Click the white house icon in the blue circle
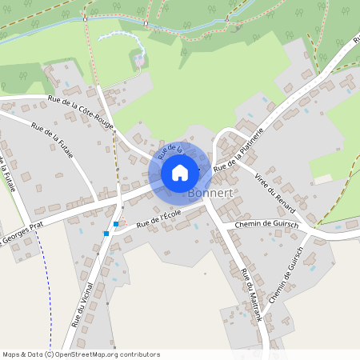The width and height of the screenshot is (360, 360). point(180,172)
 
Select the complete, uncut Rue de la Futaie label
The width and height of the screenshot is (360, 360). point(53,139)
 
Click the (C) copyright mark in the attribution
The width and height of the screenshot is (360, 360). point(49,354)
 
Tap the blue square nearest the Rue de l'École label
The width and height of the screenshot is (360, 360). point(116,224)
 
